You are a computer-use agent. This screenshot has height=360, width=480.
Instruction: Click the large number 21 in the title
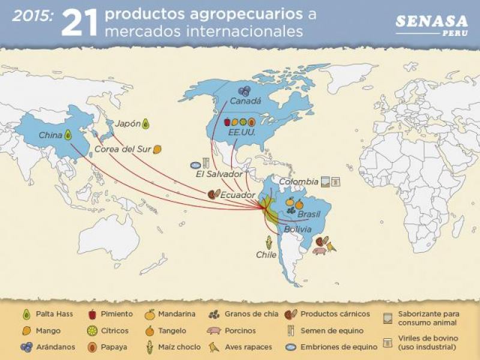point(80,23)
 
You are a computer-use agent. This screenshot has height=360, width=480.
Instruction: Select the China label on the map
point(50,135)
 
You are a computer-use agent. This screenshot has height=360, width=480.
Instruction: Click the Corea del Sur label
point(122,149)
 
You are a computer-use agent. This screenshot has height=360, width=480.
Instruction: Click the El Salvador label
point(219,174)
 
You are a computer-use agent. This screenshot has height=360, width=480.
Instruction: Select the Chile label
point(266,254)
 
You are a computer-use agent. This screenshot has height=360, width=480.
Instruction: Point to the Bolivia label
point(298,229)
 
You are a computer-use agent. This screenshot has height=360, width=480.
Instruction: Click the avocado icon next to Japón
point(145,124)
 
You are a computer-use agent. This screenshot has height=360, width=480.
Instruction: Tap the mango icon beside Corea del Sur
point(157,149)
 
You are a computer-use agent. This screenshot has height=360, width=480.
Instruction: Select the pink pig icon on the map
point(318,250)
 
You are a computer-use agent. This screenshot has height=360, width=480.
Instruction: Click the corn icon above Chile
point(269,242)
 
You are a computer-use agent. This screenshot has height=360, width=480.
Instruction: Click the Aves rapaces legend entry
point(240,347)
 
